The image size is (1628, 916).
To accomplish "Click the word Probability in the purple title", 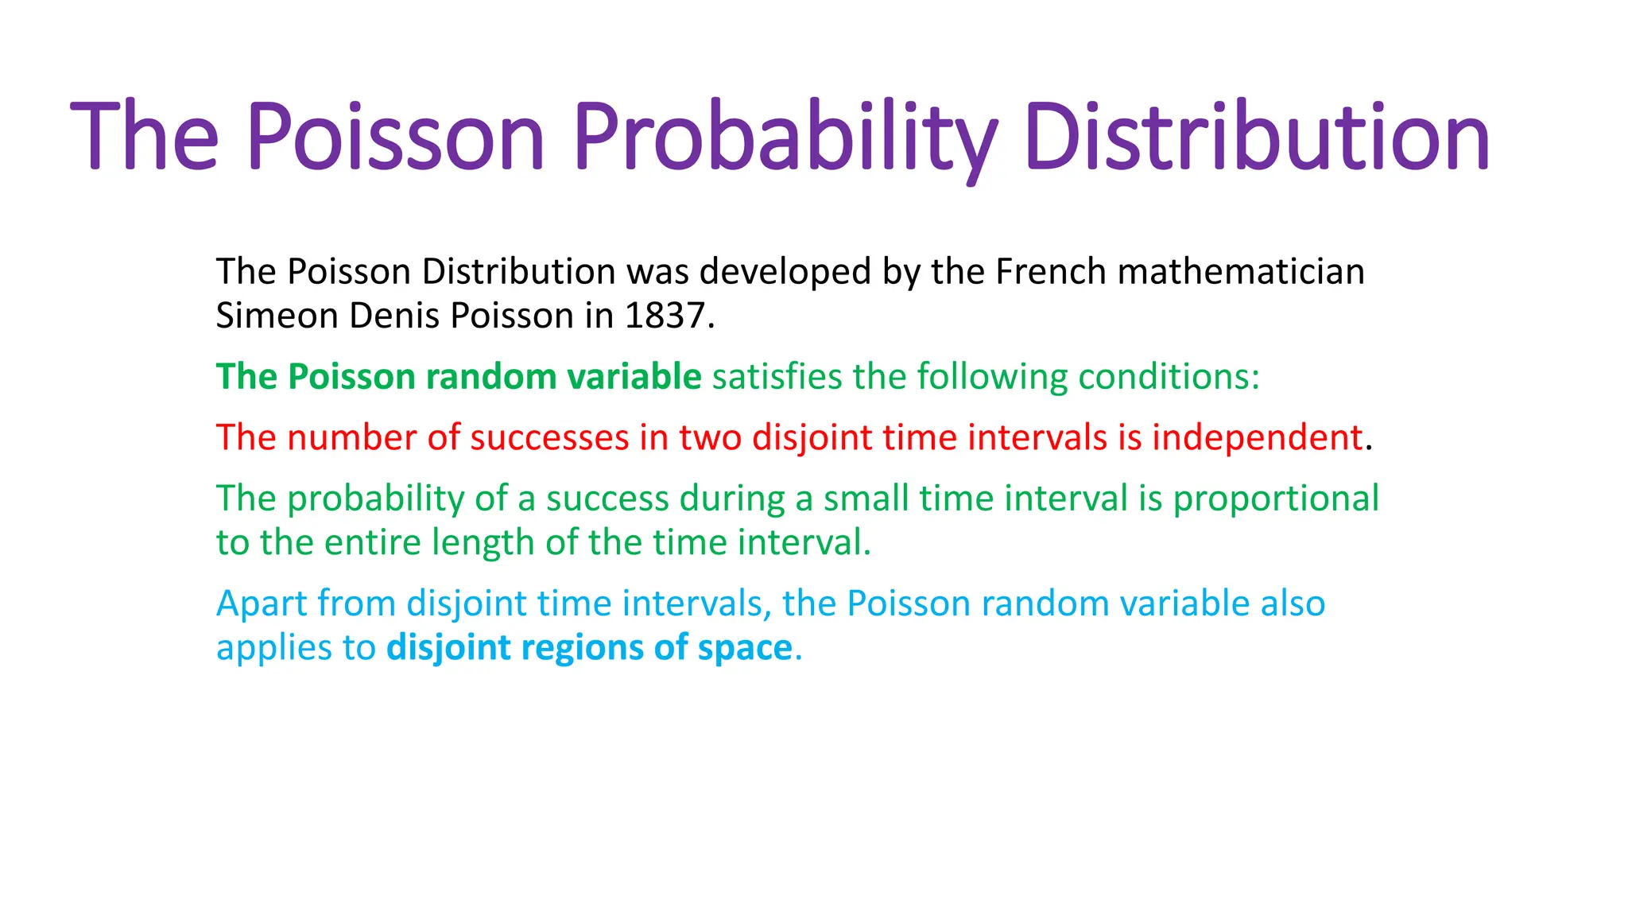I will tap(784, 137).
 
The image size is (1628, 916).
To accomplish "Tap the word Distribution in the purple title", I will tap(1257, 137).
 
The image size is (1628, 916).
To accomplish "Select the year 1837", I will tap(665, 316).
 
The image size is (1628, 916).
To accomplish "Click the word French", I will tap(1051, 272).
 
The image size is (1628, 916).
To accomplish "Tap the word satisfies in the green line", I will tap(777, 377).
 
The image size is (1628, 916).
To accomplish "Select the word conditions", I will tap(1169, 377).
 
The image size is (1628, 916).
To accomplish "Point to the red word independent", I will tap(1258, 438).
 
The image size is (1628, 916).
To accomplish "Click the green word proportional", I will tap(1276, 499).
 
